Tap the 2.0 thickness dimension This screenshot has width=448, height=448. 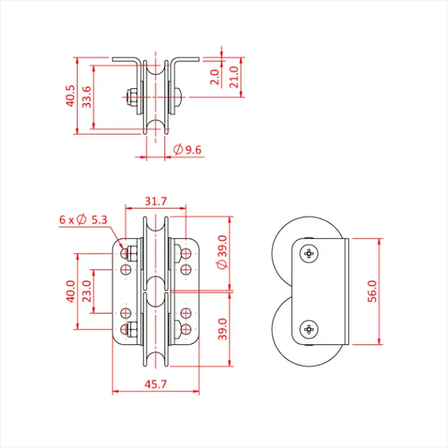[215, 76]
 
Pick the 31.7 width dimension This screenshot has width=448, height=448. [155, 201]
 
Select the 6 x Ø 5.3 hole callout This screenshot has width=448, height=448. [83, 220]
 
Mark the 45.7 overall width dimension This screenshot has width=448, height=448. [155, 384]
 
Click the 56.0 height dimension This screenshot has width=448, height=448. [372, 291]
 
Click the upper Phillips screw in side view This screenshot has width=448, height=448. [309, 253]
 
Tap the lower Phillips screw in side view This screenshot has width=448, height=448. [309, 329]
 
